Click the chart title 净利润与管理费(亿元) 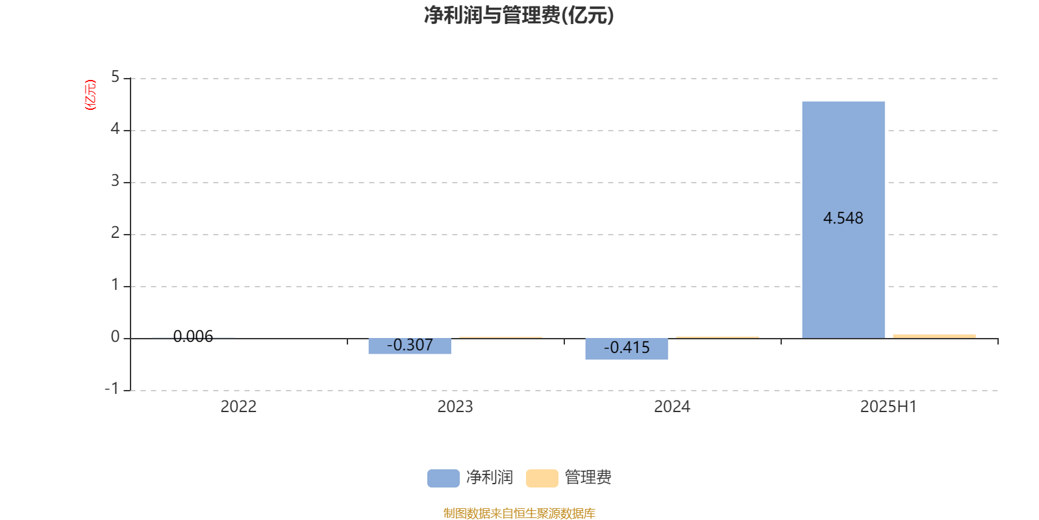point(519,16)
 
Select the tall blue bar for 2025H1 point(844,220)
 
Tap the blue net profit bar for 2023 point(410,346)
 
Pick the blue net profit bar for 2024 point(627,349)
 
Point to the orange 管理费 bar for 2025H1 point(934,336)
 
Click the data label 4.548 point(844,218)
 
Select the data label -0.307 point(410,345)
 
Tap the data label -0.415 point(627,348)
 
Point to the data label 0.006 point(193,337)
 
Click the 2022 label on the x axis point(238,407)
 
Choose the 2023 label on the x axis point(455,407)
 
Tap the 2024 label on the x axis point(672,407)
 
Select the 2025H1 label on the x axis point(889,407)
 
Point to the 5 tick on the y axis point(115,77)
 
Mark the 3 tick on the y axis point(115,181)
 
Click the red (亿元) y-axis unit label point(90,95)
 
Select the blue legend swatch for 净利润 point(444,478)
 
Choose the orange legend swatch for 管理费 point(542,478)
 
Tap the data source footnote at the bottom point(519,513)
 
